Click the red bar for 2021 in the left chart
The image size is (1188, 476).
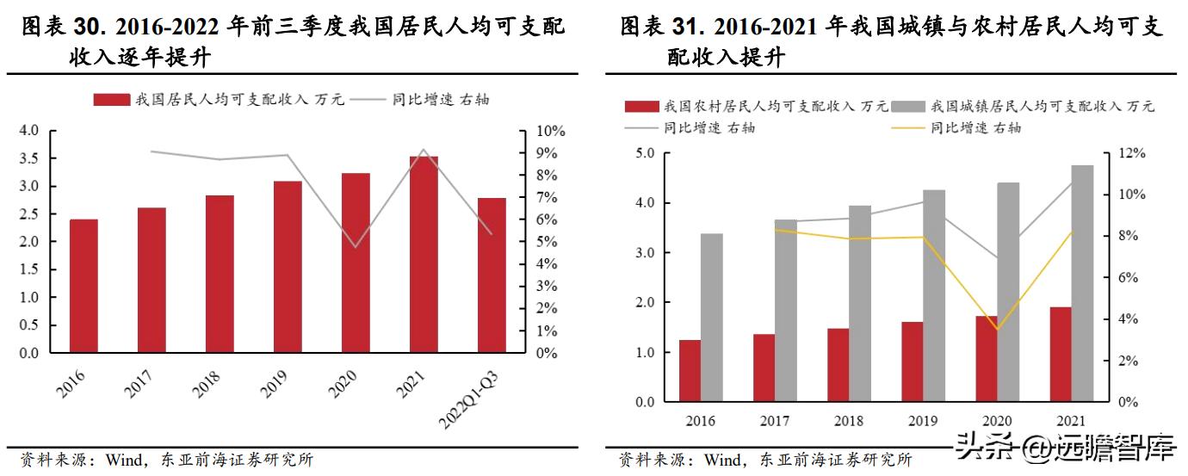(x=423, y=255)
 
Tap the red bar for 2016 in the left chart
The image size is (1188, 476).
(x=84, y=286)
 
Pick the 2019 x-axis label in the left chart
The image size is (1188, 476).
(x=274, y=383)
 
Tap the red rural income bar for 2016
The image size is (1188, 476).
(x=690, y=371)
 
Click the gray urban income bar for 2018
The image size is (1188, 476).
(x=860, y=304)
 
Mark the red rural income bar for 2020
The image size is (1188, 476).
(x=986, y=359)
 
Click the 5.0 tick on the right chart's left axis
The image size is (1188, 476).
(x=646, y=153)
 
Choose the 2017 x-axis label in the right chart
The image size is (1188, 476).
(x=775, y=421)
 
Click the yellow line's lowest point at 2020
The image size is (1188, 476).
(x=997, y=330)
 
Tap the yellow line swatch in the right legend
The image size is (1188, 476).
(x=907, y=128)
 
